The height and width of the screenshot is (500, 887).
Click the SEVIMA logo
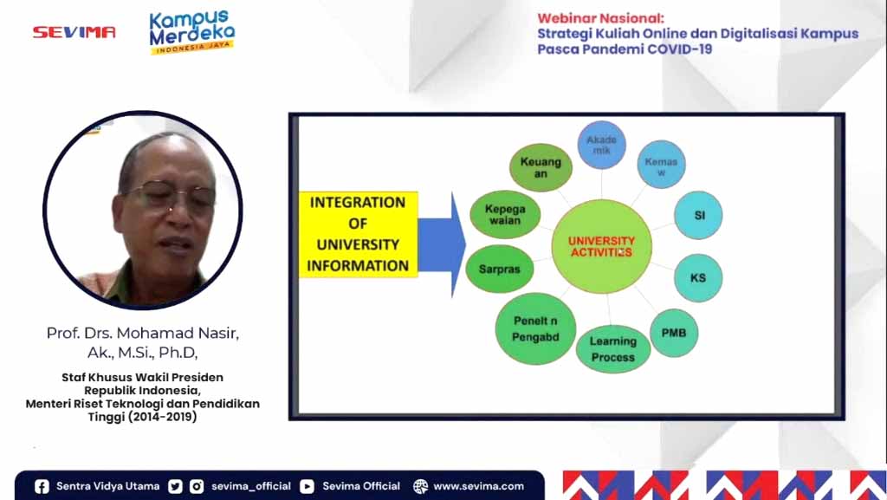pos(74,32)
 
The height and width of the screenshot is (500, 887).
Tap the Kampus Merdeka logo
pos(191,32)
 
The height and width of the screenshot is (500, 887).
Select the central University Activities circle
pos(601,246)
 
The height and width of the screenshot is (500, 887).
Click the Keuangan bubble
pos(541,167)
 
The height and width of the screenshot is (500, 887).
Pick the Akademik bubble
pos(601,145)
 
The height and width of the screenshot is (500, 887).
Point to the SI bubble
pos(698,215)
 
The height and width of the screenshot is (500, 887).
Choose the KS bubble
pos(698,277)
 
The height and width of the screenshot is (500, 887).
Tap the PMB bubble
pos(674,333)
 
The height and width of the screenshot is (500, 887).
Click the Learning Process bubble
pos(613,349)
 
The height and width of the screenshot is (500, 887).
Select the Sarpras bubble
pos(500,269)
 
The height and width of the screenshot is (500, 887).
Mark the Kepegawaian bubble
pos(505,214)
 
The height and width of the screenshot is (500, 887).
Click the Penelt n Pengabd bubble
pos(535,328)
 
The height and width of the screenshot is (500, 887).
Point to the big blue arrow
pos(442,244)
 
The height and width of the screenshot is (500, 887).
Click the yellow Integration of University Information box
pos(358,234)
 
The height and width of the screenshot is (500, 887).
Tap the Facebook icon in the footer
pos(42,486)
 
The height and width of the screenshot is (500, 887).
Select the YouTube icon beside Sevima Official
pos(307,486)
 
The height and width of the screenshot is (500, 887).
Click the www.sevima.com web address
pos(478,486)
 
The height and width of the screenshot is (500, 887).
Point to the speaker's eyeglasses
pos(171,195)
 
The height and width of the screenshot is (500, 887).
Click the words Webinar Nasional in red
pos(601,18)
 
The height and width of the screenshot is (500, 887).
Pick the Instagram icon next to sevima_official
pos(197,486)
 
